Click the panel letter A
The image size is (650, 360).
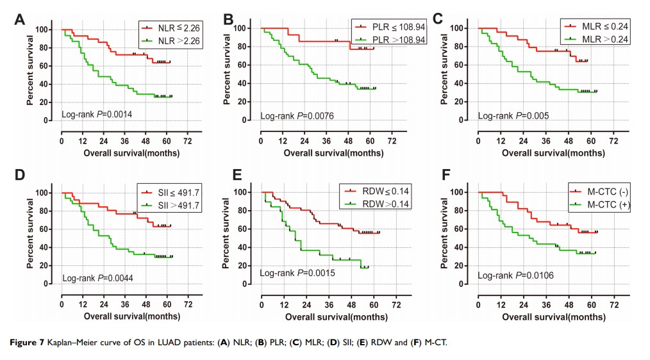coord(21,19)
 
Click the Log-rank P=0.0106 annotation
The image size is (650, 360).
coord(514,275)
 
